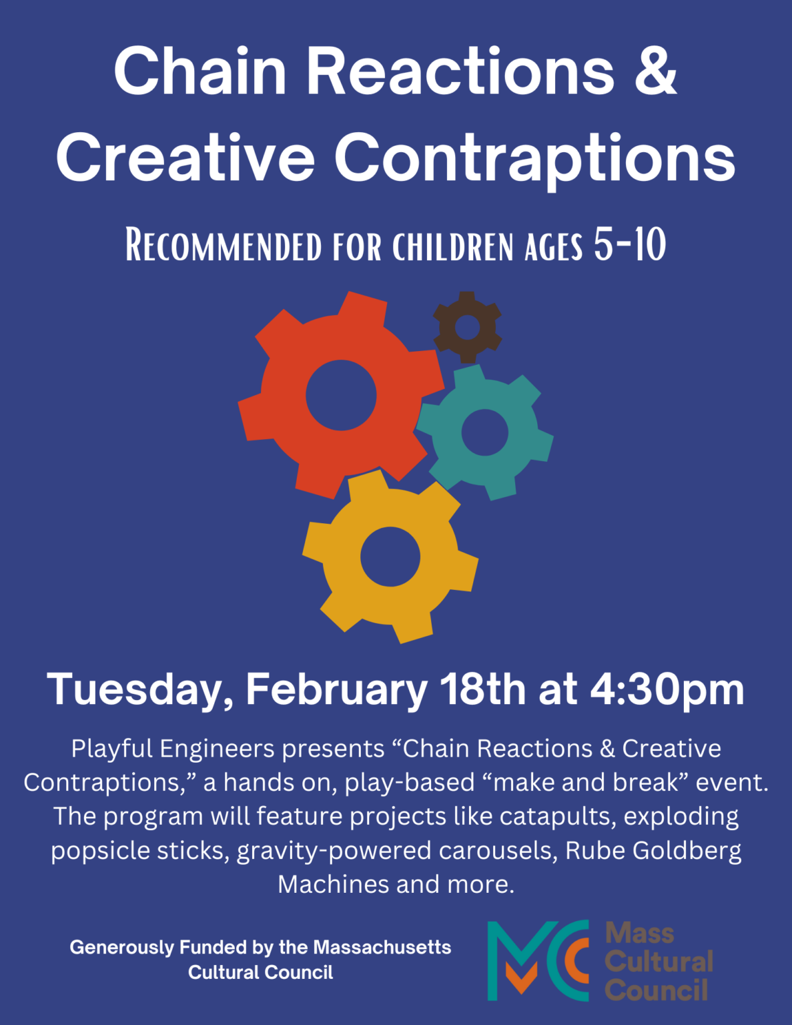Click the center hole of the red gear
pyautogui.click(x=341, y=395)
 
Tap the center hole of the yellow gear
pyautogui.click(x=390, y=557)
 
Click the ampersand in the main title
pyautogui.click(x=656, y=71)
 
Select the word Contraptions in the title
pyautogui.click(x=534, y=158)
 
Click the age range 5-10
pyautogui.click(x=630, y=244)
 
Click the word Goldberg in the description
pyautogui.click(x=687, y=851)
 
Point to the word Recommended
pyautogui.click(x=224, y=244)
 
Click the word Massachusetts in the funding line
pyautogui.click(x=382, y=948)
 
